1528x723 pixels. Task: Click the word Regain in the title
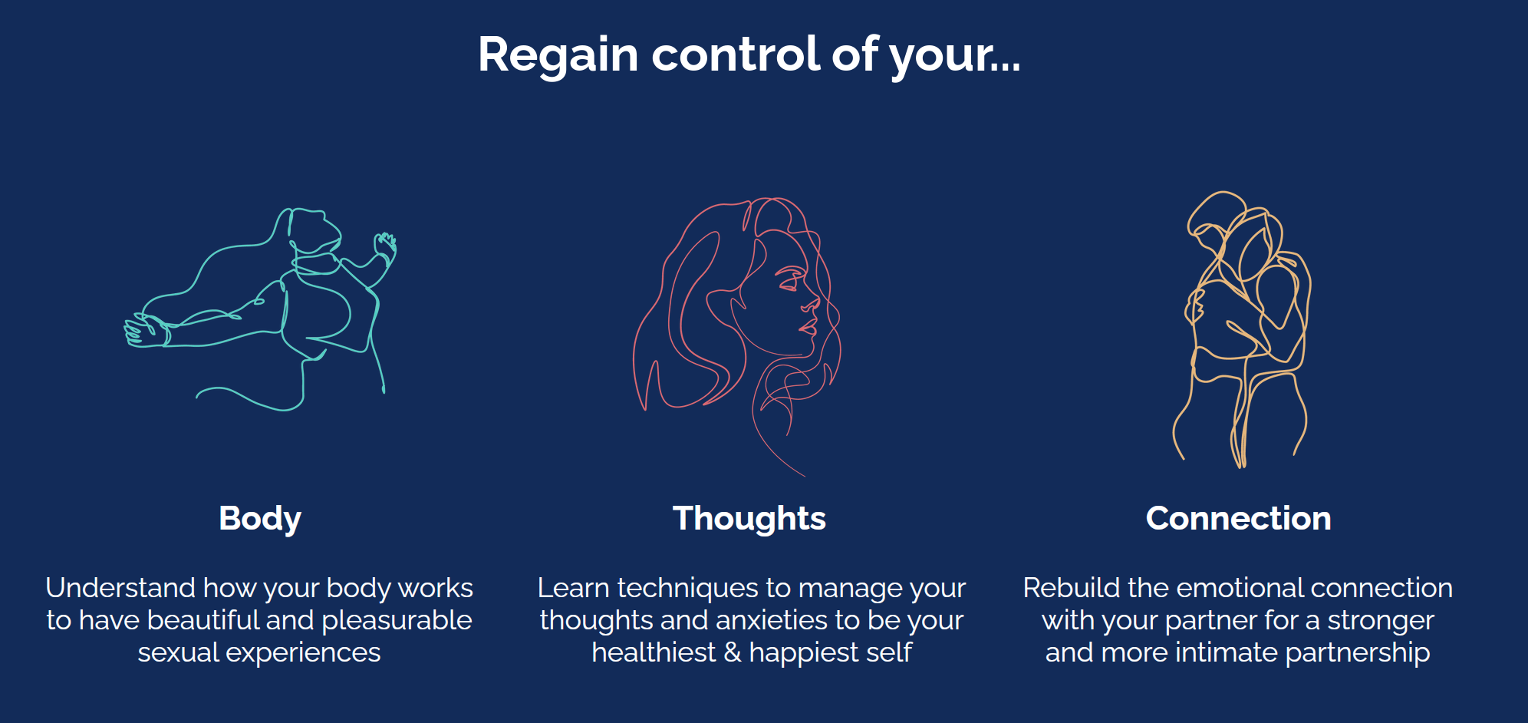(558, 55)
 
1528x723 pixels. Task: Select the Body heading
(260, 520)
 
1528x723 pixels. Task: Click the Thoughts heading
(749, 519)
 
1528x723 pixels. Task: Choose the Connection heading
(1238, 518)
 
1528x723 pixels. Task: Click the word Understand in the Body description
(120, 588)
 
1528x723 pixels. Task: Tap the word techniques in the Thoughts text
(690, 589)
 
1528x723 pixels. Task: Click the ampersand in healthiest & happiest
(733, 652)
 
